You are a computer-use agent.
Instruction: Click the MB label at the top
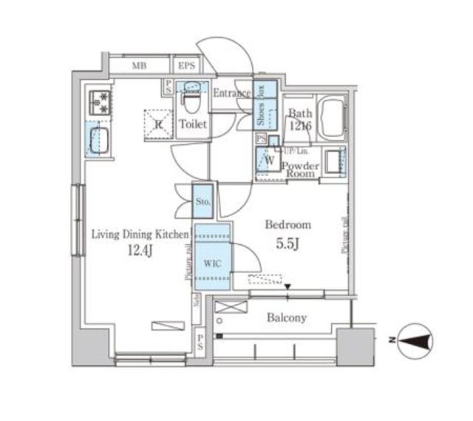(139, 67)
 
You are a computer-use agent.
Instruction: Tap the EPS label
(186, 67)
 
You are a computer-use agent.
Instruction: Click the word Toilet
(193, 125)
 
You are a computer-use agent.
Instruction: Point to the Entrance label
(232, 94)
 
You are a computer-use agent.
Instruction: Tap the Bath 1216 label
(300, 120)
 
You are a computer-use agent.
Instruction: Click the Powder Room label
(301, 170)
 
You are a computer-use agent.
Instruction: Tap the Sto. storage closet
(204, 201)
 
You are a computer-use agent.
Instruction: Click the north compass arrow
(415, 340)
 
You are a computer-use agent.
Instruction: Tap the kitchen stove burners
(99, 102)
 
